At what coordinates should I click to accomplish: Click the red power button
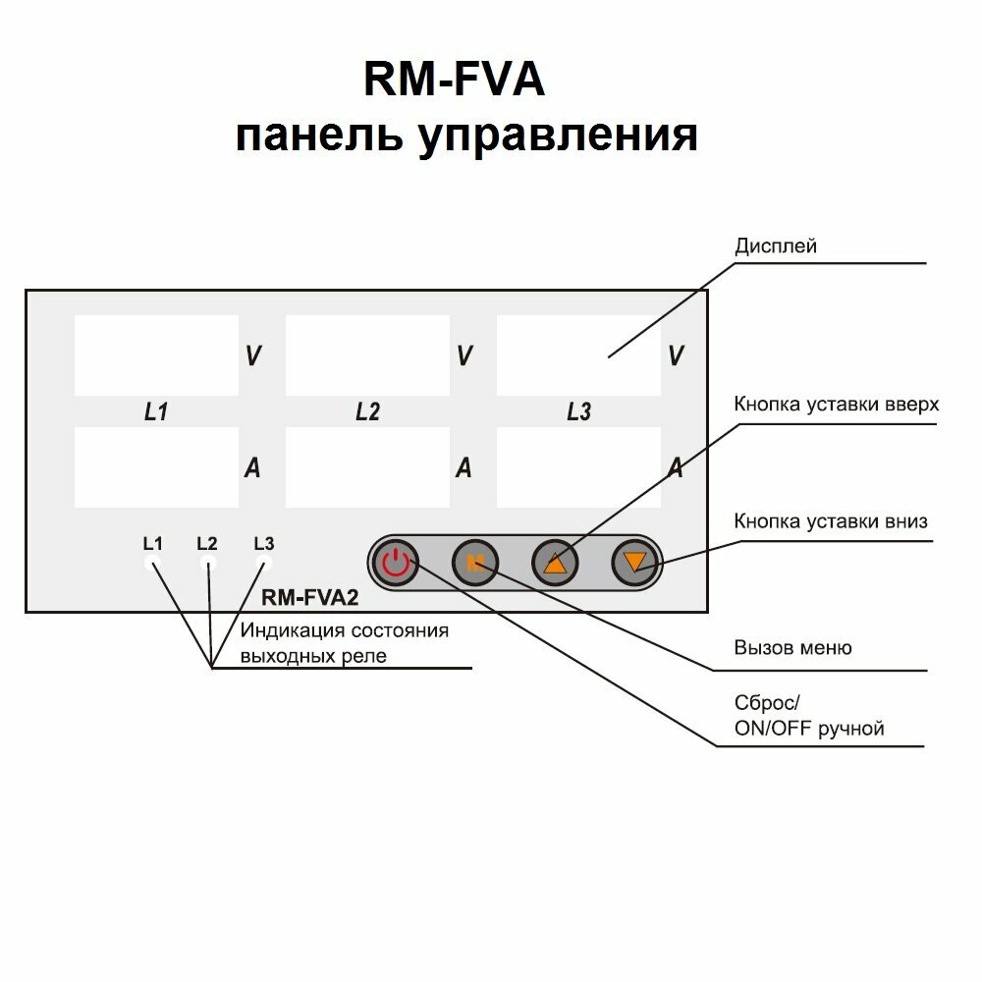[x=395, y=563]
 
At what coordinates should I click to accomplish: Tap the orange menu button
[x=475, y=563]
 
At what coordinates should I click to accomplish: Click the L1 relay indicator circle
[x=152, y=563]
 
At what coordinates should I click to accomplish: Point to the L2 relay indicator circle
[x=208, y=563]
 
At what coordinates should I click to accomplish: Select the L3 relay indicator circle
[x=263, y=563]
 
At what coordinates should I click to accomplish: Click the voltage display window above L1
[x=156, y=355]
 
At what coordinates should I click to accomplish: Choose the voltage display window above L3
[x=578, y=355]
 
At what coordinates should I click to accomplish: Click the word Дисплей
[x=776, y=245]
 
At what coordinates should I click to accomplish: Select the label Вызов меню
[x=792, y=647]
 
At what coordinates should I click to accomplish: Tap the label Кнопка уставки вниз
[x=830, y=521]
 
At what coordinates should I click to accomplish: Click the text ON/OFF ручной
[x=809, y=729]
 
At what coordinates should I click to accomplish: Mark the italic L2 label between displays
[x=367, y=412]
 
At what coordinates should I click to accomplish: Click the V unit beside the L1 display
[x=252, y=355]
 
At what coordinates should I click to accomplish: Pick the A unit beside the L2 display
[x=464, y=468]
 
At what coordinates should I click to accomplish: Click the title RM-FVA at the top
[x=454, y=81]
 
